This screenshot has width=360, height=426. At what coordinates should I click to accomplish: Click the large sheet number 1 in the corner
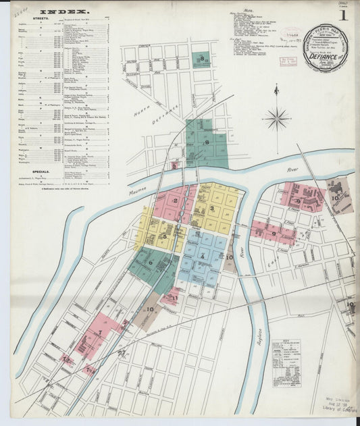pyautogui.click(x=343, y=15)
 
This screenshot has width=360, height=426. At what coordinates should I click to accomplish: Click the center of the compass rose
pyautogui.click(x=276, y=119)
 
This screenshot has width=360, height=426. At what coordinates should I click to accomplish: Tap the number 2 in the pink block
pyautogui.click(x=175, y=201)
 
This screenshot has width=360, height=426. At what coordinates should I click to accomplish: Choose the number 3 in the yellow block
pyautogui.click(x=211, y=209)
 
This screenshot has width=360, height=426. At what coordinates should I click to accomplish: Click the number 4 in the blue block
pyautogui.click(x=201, y=256)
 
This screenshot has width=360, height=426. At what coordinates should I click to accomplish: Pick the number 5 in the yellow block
pyautogui.click(x=164, y=236)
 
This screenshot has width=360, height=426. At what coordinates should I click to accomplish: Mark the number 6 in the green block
pyautogui.click(x=151, y=263)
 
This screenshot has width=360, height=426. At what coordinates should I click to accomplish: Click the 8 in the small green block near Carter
pyautogui.click(x=202, y=61)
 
